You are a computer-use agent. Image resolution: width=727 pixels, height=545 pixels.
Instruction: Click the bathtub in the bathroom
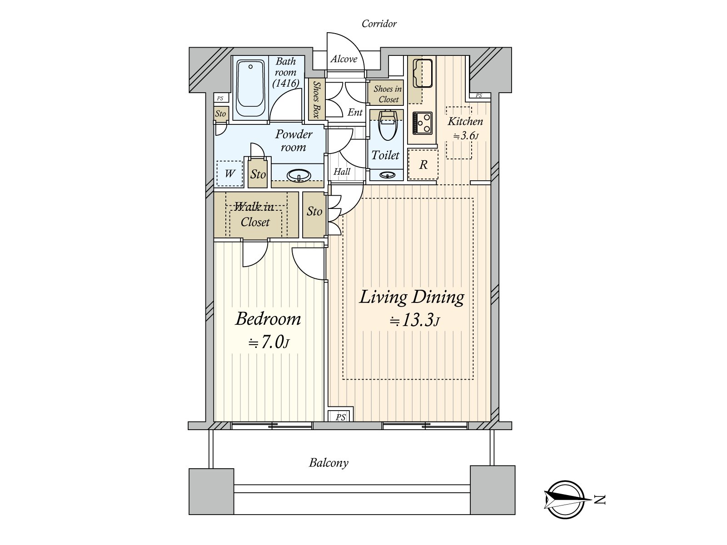pos(251,88)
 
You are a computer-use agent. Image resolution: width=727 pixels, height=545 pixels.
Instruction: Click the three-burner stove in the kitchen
pos(422,123)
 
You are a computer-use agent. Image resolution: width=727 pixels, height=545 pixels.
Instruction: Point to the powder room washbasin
pos(299,175)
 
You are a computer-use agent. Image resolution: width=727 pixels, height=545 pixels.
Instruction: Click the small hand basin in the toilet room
pos(387,175)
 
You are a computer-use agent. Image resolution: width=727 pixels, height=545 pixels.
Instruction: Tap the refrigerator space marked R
pos(423,164)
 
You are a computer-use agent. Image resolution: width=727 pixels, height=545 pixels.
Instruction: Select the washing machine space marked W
pos(230,173)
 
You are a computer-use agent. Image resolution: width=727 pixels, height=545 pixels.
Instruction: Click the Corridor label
pos(379,24)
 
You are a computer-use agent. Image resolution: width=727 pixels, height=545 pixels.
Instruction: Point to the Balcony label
pos(329,463)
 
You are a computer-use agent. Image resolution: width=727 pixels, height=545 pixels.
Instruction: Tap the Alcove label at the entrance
pos(344,59)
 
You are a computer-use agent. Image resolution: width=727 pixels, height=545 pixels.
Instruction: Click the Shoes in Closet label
pos(388,94)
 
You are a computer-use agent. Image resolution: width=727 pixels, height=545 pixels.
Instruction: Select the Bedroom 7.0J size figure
pos(269,342)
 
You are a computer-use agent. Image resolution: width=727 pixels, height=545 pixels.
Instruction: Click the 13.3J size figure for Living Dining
pos(415,320)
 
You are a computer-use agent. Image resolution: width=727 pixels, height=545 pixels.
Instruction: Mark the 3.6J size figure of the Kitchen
pos(466,136)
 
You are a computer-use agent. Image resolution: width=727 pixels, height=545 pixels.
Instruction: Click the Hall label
pos(342,172)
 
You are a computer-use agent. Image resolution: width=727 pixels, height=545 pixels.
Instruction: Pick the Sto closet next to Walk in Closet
pos(314,214)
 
